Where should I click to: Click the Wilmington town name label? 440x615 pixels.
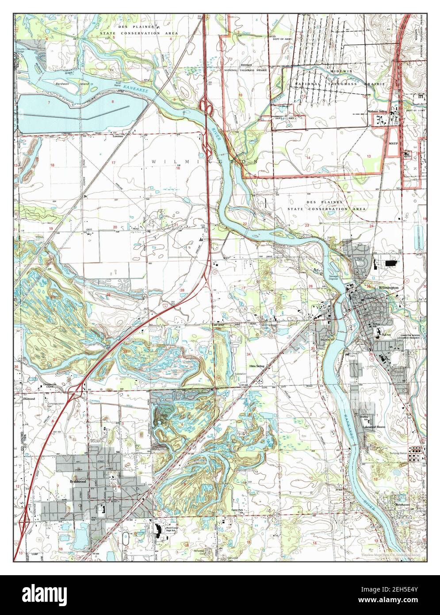[x=388, y=288]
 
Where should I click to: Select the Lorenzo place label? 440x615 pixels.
[x=117, y=137]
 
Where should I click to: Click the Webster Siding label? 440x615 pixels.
[x=377, y=111]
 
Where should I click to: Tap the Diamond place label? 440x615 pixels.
[x=28, y=398]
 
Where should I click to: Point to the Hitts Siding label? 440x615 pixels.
[x=256, y=367]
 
